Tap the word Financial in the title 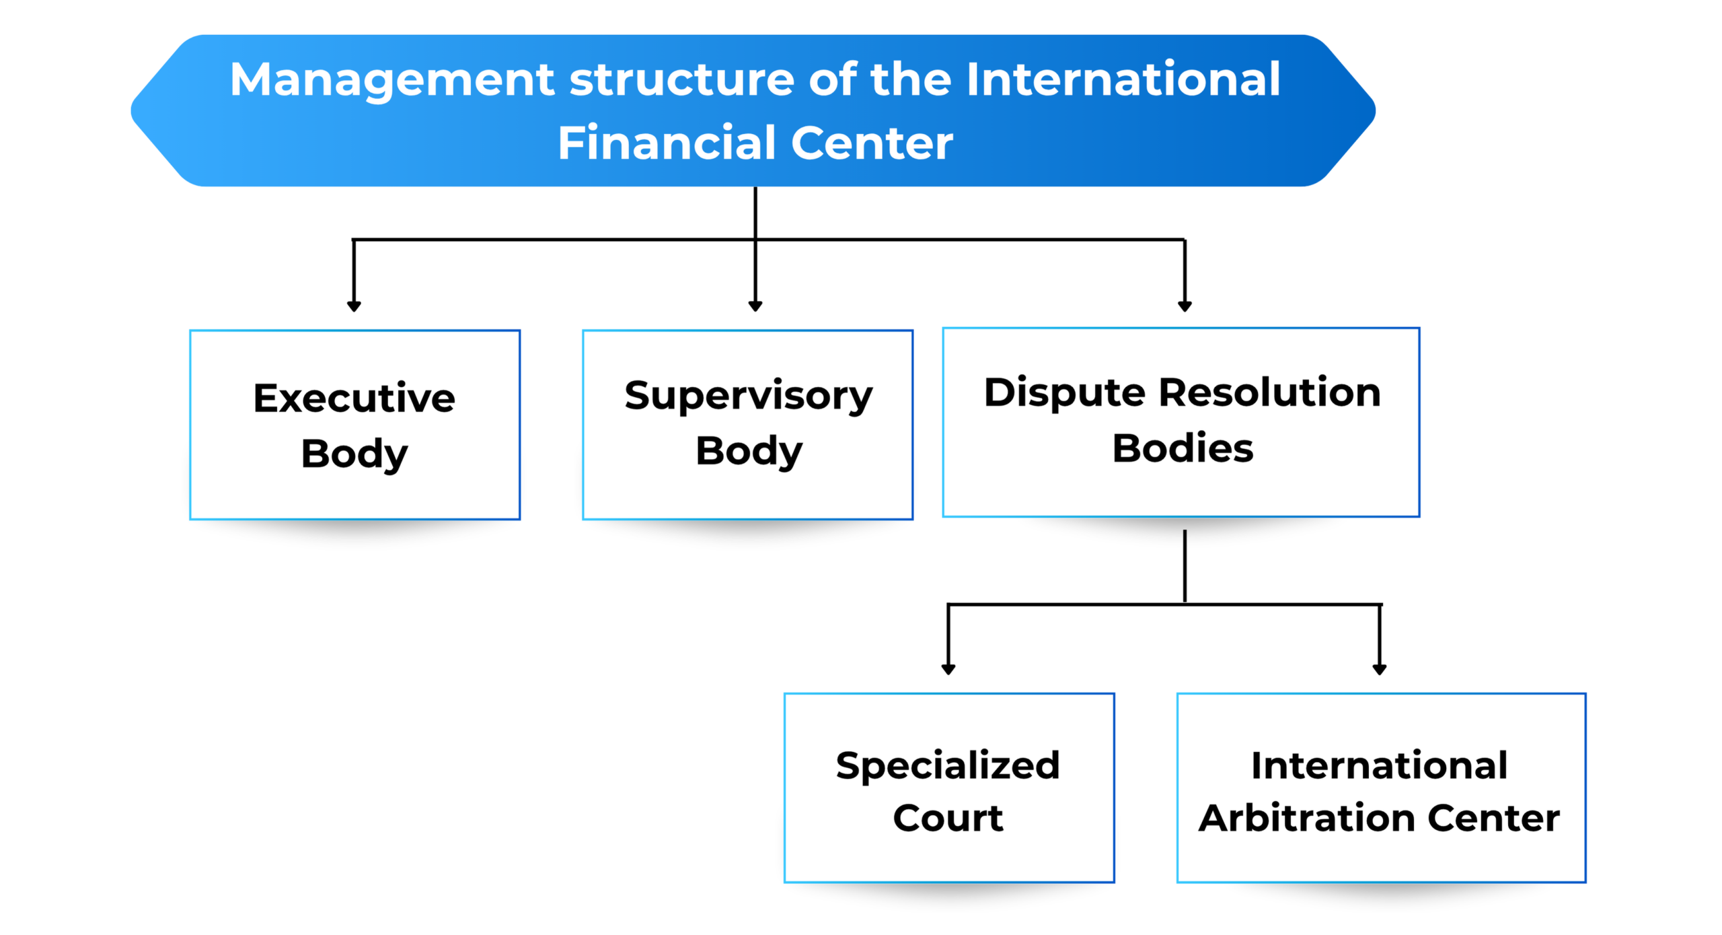point(667,143)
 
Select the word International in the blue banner point(1123,79)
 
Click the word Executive point(354,398)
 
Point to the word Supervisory point(749,396)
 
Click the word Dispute point(1065,393)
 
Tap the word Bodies point(1183,448)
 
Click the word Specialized point(948,767)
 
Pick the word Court point(948,819)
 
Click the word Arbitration point(1307,819)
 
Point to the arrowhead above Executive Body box point(354,306)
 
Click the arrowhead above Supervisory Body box point(755,306)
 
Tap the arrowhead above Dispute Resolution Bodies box point(1185,306)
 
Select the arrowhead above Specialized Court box point(948,670)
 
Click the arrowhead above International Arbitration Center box point(1380,670)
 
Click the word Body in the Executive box point(354,454)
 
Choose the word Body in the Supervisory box point(749,452)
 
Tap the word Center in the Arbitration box point(1494,819)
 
